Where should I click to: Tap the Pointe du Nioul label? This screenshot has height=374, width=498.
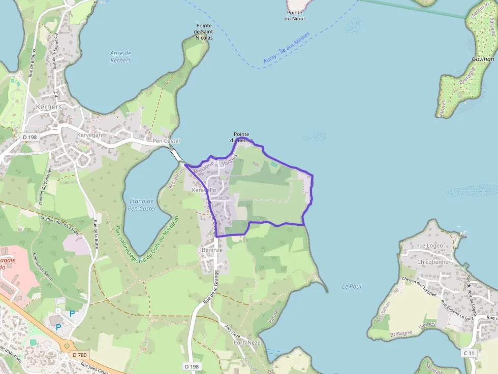(x=295, y=16)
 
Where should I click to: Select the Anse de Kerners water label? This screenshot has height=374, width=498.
(x=120, y=57)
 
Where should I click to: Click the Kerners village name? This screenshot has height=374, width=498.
(x=49, y=107)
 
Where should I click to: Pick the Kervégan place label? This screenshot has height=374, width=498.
(x=90, y=135)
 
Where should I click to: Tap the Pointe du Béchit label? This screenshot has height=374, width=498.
(x=241, y=137)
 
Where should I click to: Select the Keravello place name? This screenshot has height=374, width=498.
(x=204, y=190)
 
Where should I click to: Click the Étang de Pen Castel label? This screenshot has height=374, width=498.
(x=142, y=205)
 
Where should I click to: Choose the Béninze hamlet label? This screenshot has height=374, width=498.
(x=212, y=250)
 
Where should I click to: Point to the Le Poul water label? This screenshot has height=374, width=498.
(x=352, y=286)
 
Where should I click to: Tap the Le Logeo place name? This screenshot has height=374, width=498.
(x=431, y=246)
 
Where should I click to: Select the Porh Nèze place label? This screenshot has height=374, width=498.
(x=246, y=343)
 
